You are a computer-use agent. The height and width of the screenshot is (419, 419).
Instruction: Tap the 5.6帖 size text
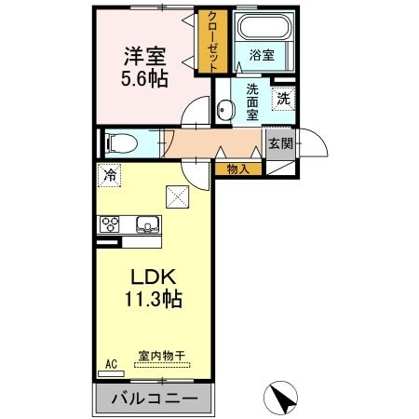tap(143, 78)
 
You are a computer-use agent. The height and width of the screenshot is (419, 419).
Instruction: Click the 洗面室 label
tap(252, 102)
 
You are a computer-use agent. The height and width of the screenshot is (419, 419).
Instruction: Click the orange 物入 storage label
tap(237, 169)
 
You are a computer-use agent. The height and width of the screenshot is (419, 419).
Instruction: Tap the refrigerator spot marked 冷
tap(111, 173)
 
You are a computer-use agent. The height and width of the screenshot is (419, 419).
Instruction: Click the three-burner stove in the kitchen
tap(111, 224)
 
